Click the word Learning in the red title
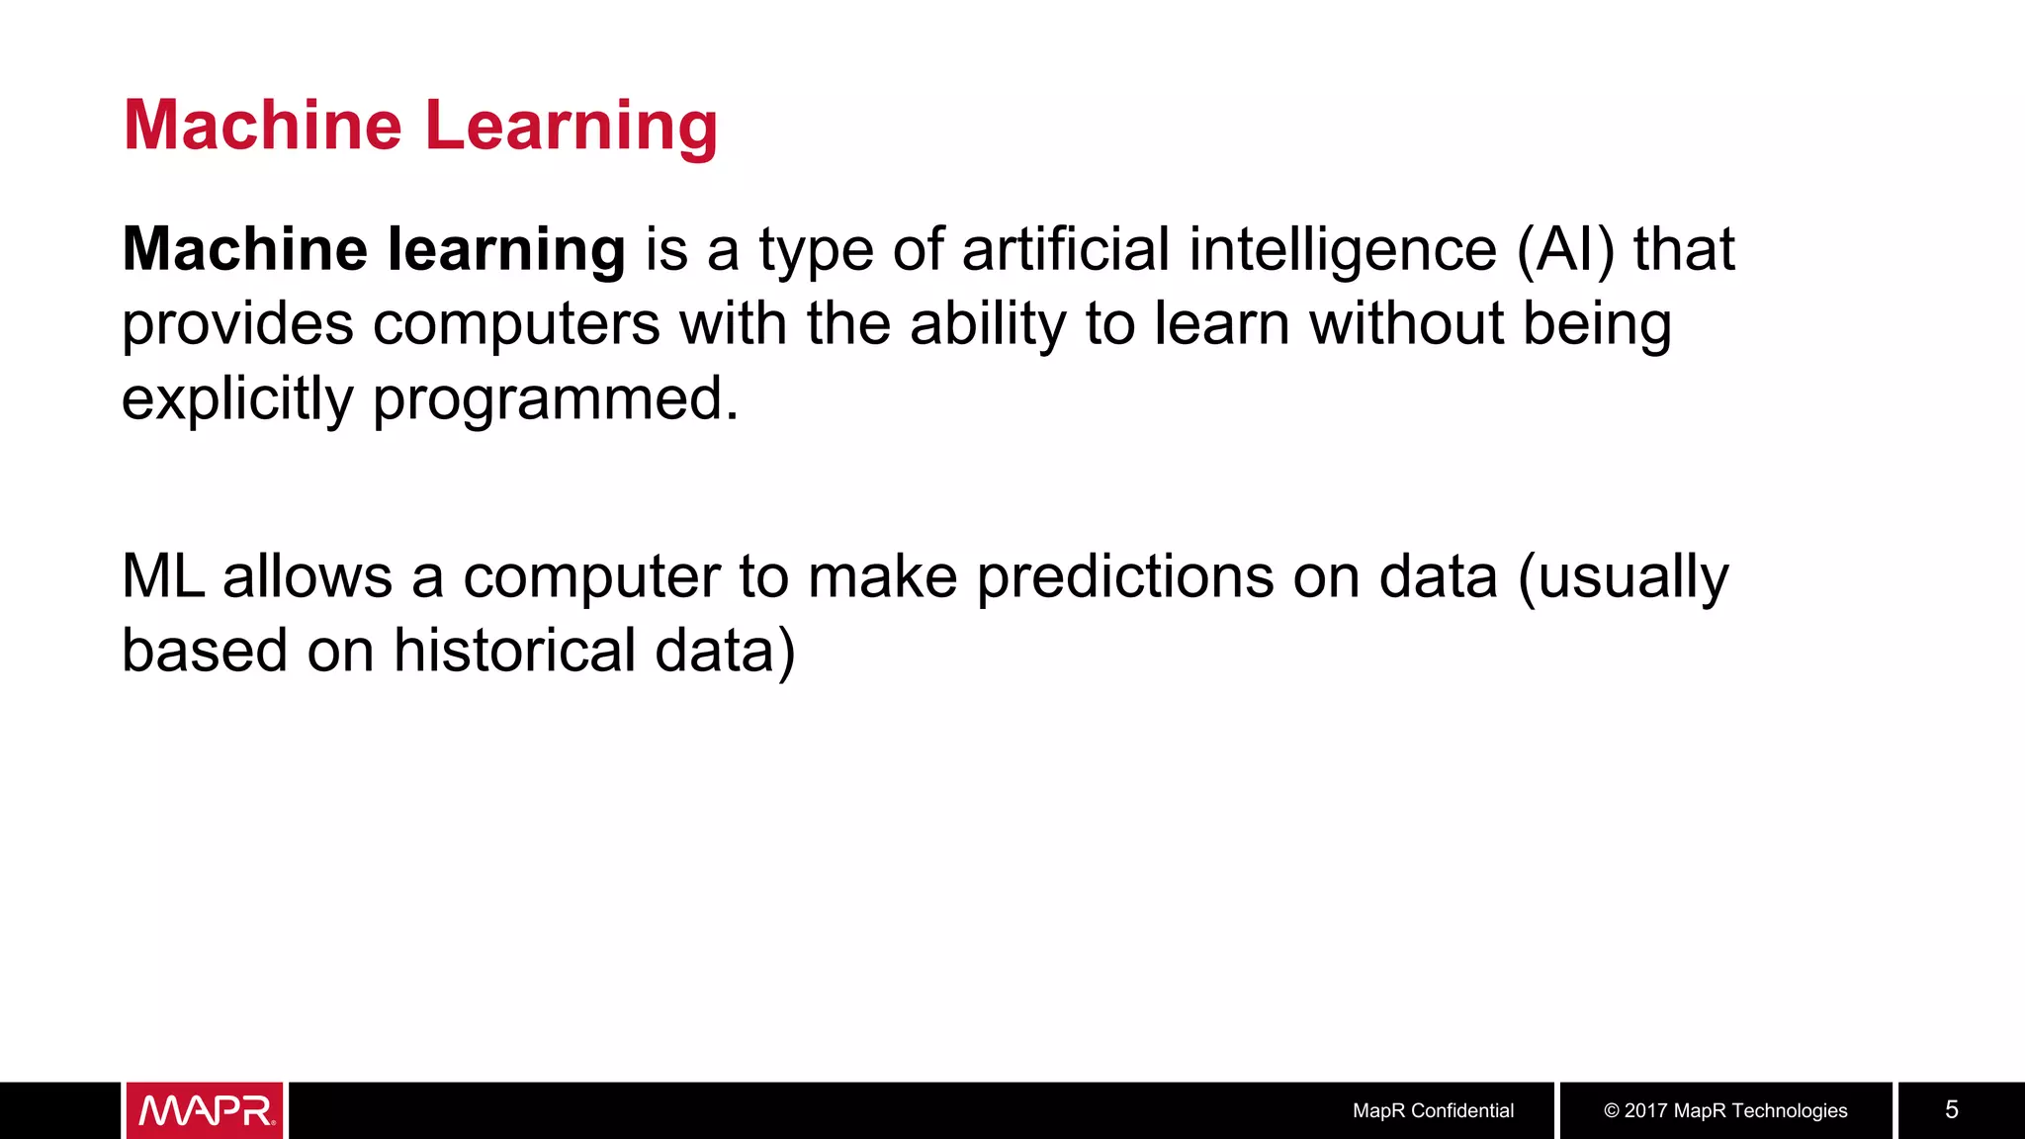click(x=571, y=127)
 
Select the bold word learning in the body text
click(x=505, y=249)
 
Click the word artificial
click(x=1065, y=249)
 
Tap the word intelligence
click(x=1343, y=249)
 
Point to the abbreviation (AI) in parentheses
click(x=1565, y=249)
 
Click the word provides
click(x=237, y=324)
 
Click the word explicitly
click(x=237, y=399)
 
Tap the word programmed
click(x=556, y=399)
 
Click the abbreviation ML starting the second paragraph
click(x=163, y=576)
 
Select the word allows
click(x=308, y=576)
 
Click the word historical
click(x=514, y=652)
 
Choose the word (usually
click(x=1624, y=576)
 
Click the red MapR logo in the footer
click(x=205, y=1110)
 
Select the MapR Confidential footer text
click(x=1433, y=1110)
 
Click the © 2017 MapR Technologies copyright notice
click(x=1725, y=1110)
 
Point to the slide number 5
click(x=1951, y=1109)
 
